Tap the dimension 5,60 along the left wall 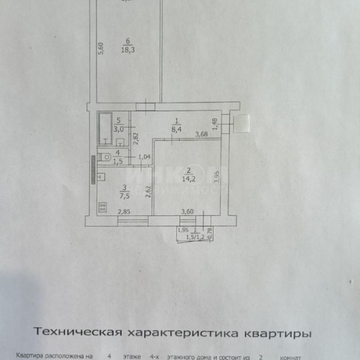click(x=101, y=48)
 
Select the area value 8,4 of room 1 click(x=176, y=127)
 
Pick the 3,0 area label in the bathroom click(x=119, y=128)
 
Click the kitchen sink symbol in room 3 click(x=101, y=176)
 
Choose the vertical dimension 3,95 click(x=218, y=178)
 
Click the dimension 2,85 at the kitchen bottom click(x=124, y=211)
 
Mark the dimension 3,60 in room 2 click(x=188, y=211)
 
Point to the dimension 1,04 click(x=144, y=157)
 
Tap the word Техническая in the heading click(x=79, y=332)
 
